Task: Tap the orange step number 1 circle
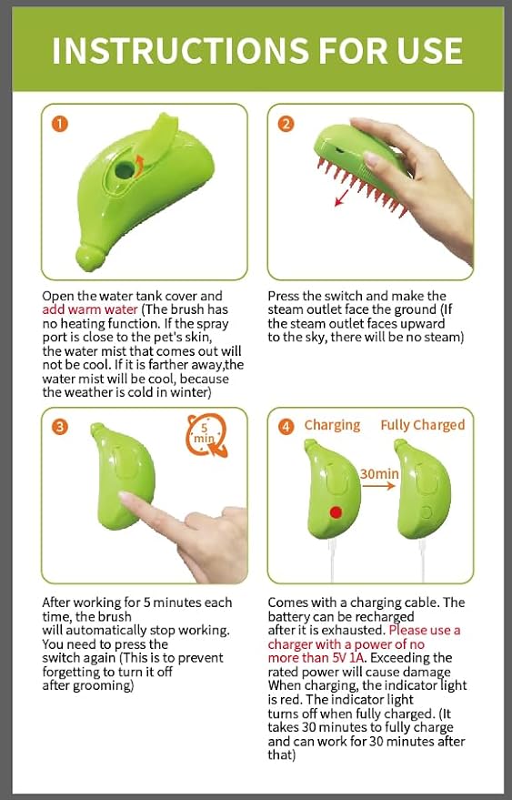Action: pos(60,125)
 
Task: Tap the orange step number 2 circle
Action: pos(286,125)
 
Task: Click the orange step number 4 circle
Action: pos(286,425)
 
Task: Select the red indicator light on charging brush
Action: pos(335,511)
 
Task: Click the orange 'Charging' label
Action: pos(332,425)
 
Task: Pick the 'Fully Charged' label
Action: pos(422,425)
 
